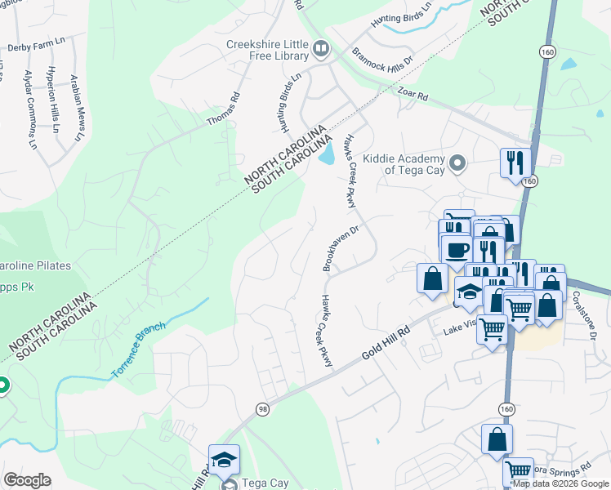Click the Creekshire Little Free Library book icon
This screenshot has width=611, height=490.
pyautogui.click(x=321, y=50)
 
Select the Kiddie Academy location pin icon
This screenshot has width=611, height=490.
pyautogui.click(x=458, y=164)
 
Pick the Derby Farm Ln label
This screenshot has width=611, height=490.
pyautogui.click(x=35, y=47)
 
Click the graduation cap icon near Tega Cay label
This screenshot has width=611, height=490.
pyautogui.click(x=224, y=460)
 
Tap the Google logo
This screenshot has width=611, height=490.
pyautogui.click(x=27, y=479)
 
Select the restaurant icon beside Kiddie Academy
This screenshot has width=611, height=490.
pyautogui.click(x=515, y=162)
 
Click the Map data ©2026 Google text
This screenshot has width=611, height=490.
pyautogui.click(x=560, y=483)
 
